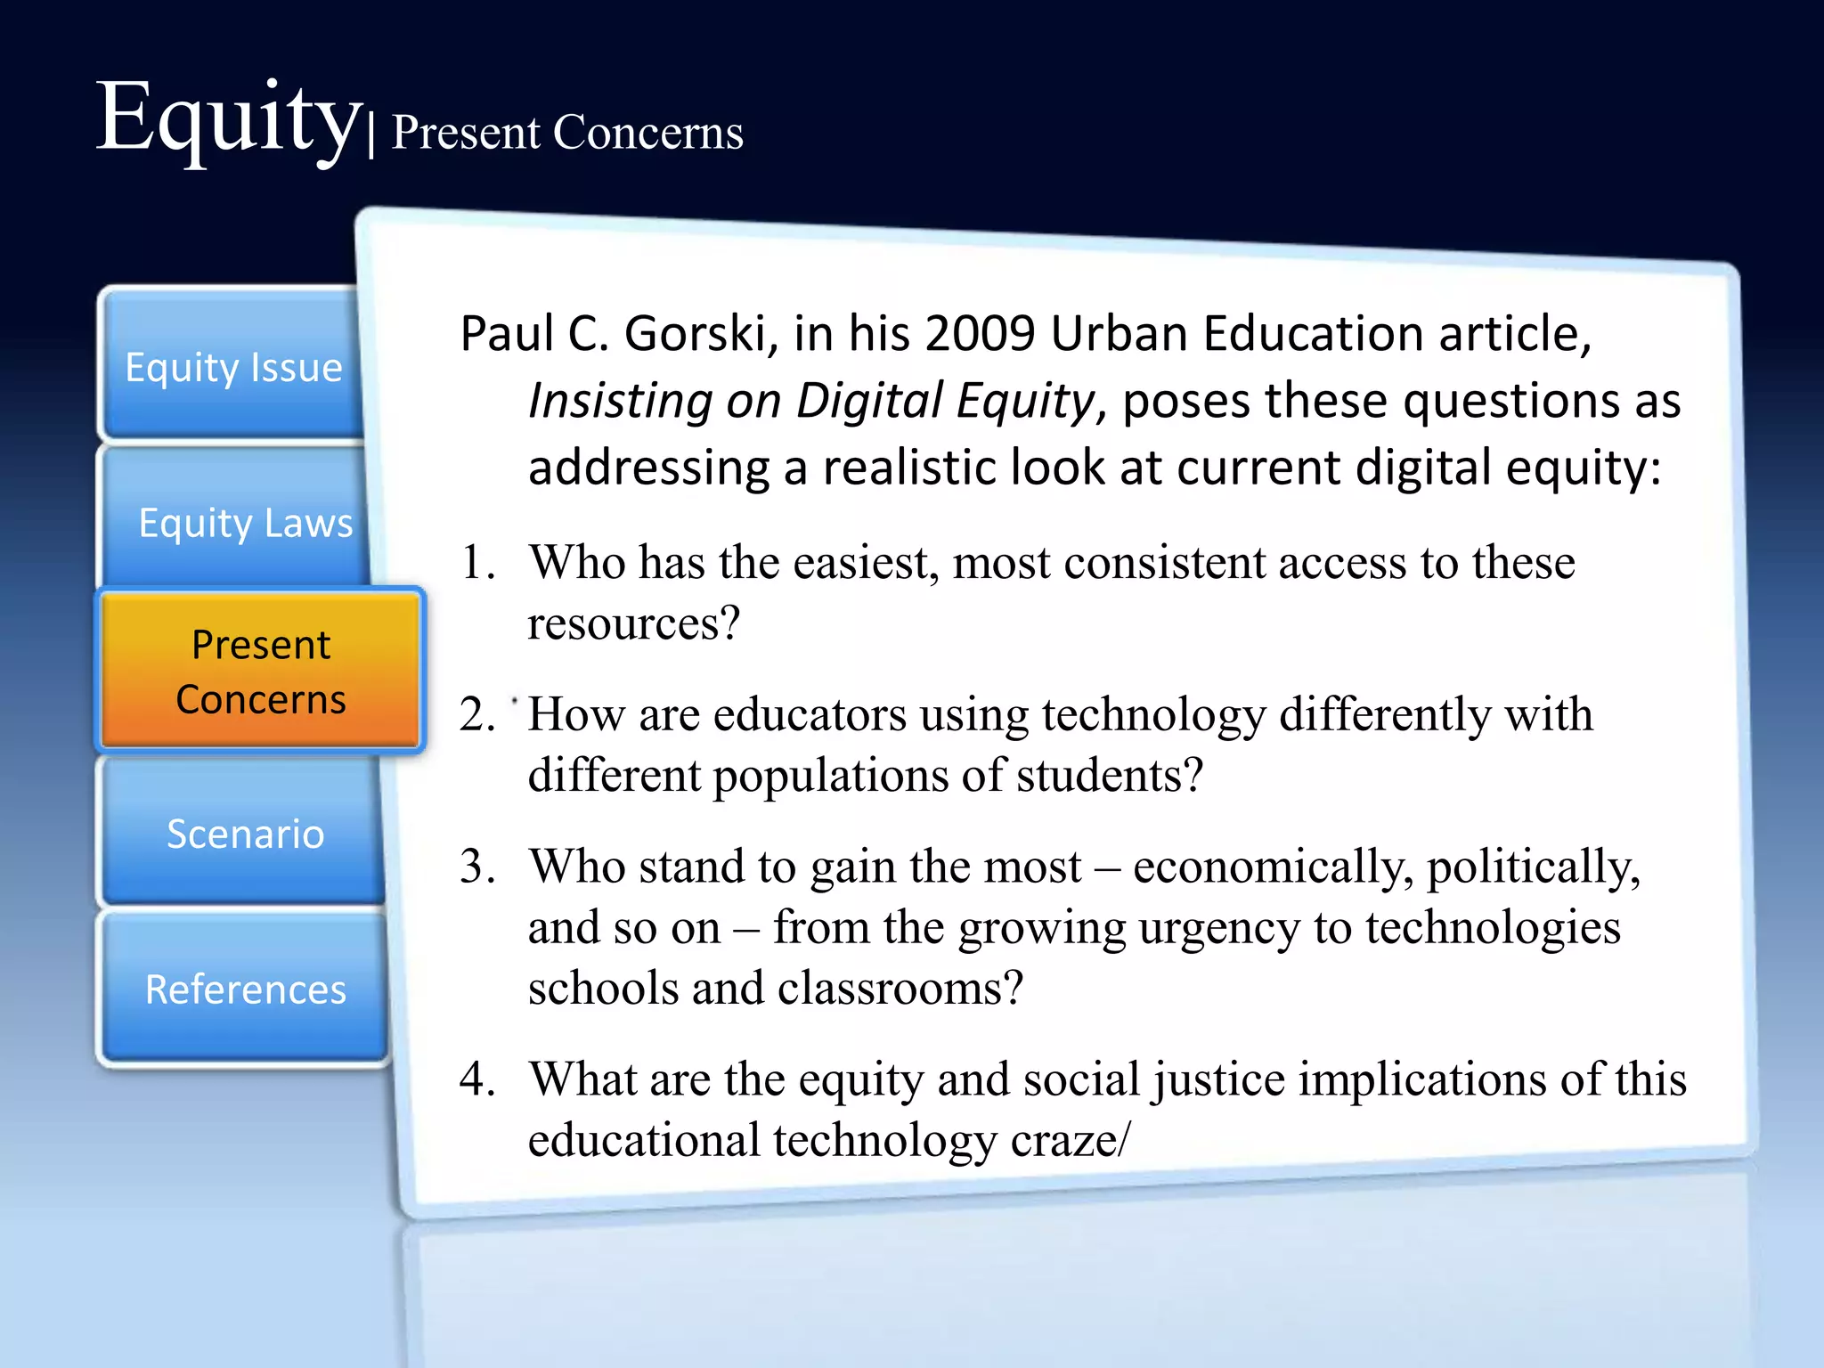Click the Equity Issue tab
point(233,366)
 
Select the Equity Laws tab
point(245,522)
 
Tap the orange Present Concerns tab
point(260,671)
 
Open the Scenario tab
point(245,834)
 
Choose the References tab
point(245,989)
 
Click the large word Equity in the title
point(227,120)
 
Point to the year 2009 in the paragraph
point(980,334)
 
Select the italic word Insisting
point(620,401)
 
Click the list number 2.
point(476,714)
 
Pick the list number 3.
point(476,867)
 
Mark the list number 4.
point(476,1079)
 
